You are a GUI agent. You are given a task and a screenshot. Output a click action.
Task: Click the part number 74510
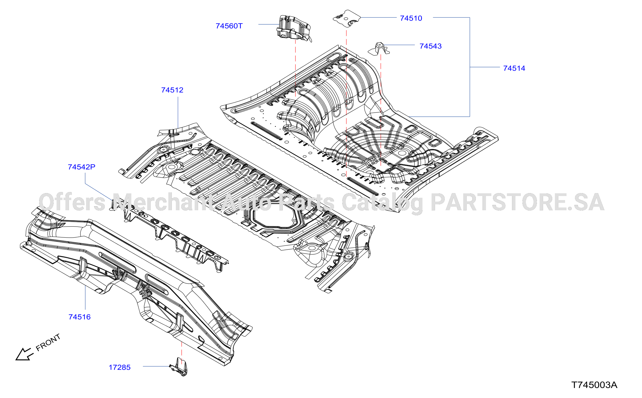(x=411, y=18)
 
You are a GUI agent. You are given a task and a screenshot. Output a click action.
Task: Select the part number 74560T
(x=229, y=26)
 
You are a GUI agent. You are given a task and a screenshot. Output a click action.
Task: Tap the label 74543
(x=431, y=46)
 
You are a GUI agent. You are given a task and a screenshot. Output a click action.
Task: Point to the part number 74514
(x=514, y=68)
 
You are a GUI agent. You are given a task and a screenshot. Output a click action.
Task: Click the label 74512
(x=172, y=90)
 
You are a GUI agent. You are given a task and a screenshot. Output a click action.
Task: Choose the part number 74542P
(x=81, y=167)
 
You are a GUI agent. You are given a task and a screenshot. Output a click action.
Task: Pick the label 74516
(x=80, y=317)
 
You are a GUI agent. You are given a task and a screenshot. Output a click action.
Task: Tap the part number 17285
(x=120, y=367)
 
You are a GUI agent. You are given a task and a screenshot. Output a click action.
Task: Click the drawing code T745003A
(x=594, y=385)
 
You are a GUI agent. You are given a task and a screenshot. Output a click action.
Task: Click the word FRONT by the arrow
(x=48, y=342)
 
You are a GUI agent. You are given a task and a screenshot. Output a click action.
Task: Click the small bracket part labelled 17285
(x=179, y=367)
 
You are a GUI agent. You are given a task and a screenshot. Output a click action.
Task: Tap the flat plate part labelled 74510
(x=347, y=19)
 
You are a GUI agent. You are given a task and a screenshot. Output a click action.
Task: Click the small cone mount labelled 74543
(x=379, y=49)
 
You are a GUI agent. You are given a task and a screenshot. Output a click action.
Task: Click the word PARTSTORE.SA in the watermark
(x=517, y=202)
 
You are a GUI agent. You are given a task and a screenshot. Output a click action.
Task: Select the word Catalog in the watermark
(x=383, y=203)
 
